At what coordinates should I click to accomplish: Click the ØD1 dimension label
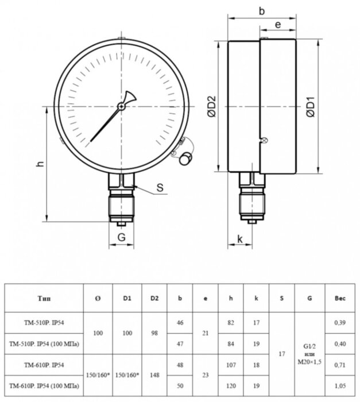click(311, 107)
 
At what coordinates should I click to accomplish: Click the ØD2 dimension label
click(211, 107)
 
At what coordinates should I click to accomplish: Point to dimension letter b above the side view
click(262, 10)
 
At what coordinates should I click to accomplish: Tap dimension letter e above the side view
click(277, 25)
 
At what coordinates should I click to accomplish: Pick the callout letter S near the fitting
click(160, 188)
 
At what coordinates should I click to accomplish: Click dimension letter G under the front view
click(121, 237)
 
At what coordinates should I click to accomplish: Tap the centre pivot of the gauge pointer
click(122, 106)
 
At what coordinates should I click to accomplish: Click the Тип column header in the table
click(43, 299)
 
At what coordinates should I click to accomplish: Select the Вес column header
click(339, 299)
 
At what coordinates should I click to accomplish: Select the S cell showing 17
click(281, 353)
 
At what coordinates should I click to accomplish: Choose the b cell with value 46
click(180, 323)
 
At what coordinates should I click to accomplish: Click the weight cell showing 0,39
click(339, 323)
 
